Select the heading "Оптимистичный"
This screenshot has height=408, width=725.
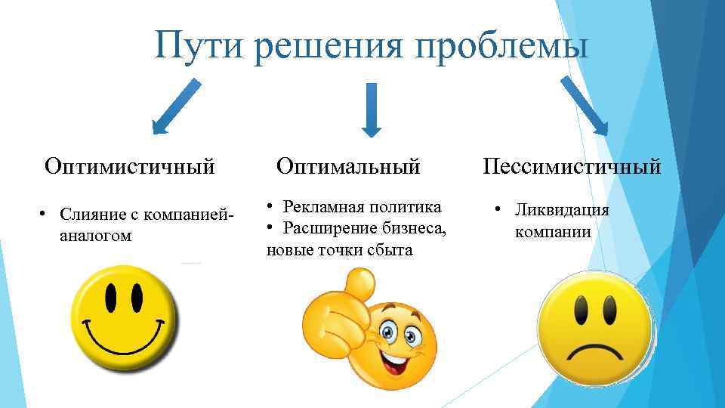[130, 165]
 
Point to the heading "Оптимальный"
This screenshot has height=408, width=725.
[348, 165]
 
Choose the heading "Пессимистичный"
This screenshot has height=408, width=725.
[572, 165]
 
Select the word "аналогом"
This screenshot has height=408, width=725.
[95, 236]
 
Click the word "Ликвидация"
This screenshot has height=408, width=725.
[562, 210]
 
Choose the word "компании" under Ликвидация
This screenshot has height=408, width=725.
[553, 232]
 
